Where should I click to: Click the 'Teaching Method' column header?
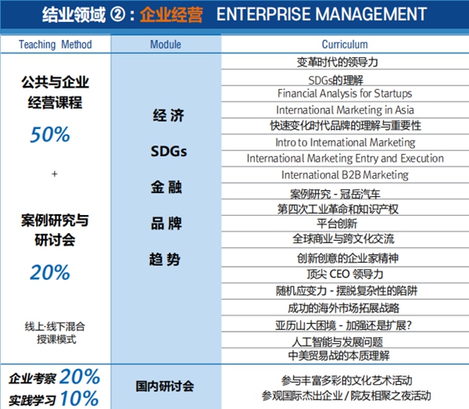[x=55, y=45]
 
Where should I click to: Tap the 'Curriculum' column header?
[x=345, y=45]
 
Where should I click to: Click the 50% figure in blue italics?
[x=50, y=135]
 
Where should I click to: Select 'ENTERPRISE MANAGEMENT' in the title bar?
[x=320, y=15]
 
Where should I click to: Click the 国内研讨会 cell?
[x=166, y=386]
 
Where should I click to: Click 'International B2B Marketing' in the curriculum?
[x=345, y=174]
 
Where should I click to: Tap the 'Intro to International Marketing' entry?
[x=345, y=142]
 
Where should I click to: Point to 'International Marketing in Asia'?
[x=345, y=109]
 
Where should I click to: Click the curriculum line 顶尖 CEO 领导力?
[x=345, y=274]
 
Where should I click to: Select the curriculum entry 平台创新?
[x=345, y=224]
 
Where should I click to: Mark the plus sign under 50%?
[x=54, y=174]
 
